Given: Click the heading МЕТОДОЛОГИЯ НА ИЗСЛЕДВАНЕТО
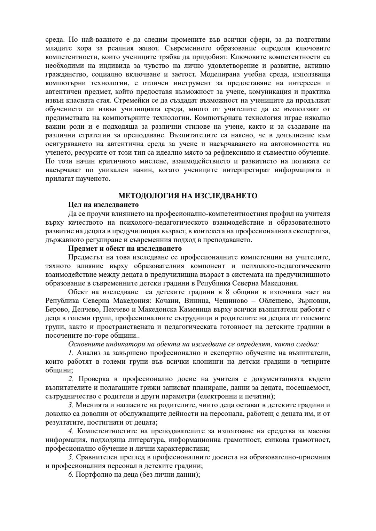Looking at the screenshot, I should click(x=188, y=196).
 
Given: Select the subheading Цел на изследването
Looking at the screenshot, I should click(x=103, y=204).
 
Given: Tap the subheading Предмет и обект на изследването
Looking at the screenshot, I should click(x=125, y=249).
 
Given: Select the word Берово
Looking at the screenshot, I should click(x=57, y=309).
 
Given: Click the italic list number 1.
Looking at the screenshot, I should click(x=71, y=353).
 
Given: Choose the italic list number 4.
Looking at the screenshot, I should click(x=71, y=431).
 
